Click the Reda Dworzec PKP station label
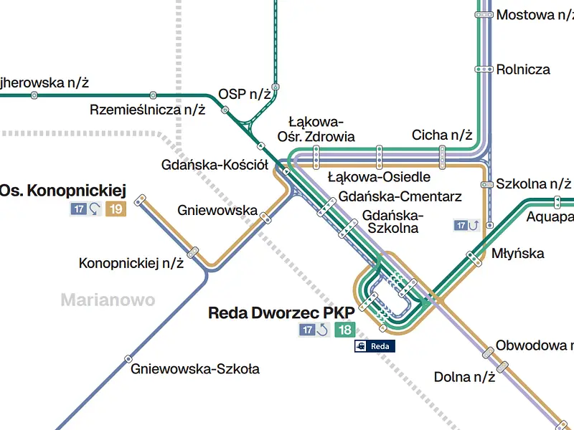click(281, 313)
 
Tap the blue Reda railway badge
click(375, 346)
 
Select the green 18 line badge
click(345, 330)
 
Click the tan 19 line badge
click(116, 209)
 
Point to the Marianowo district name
click(108, 300)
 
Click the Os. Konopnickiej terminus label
click(62, 191)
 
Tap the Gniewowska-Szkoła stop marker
click(128, 359)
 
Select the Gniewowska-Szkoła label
click(195, 368)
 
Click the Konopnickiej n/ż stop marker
click(193, 252)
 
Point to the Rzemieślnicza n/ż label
click(148, 110)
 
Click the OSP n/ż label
click(245, 95)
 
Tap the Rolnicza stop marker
click(484, 69)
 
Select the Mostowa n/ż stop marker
click(484, 15)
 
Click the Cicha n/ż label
click(442, 135)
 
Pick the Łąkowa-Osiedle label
click(379, 177)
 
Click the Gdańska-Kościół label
click(215, 165)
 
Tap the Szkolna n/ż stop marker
click(487, 185)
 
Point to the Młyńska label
click(517, 253)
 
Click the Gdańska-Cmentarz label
click(400, 196)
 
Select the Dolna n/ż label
click(464, 377)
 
